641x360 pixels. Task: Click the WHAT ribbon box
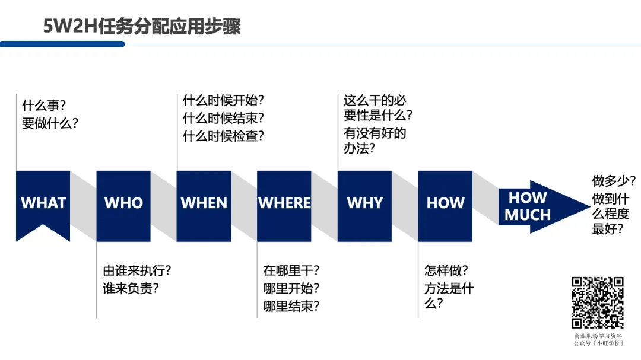tap(43, 203)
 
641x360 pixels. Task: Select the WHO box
tap(123, 203)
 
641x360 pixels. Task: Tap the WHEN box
tap(204, 203)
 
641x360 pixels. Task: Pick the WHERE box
tap(284, 203)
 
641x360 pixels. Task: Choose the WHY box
tap(364, 203)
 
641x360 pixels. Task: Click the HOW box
tap(445, 203)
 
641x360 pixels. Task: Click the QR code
tap(597, 302)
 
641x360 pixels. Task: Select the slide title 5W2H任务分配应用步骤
tap(142, 26)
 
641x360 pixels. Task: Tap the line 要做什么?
tap(50, 124)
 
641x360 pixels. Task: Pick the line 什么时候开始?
tap(223, 100)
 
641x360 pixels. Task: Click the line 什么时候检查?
tap(223, 136)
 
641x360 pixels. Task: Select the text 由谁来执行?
tap(137, 271)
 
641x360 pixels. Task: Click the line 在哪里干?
tap(291, 271)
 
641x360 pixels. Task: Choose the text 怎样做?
tap(446, 271)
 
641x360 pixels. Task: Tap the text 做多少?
tap(614, 180)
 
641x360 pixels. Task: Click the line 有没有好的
tap(375, 133)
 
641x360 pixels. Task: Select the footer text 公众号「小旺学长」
tap(598, 343)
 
